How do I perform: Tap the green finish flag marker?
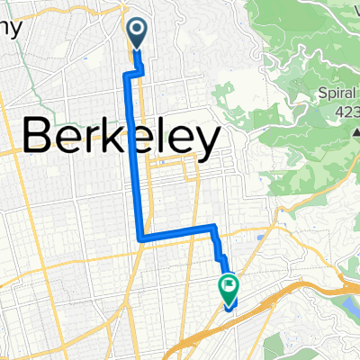point(228,288)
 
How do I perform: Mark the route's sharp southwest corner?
point(140,238)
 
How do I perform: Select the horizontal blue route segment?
point(176,232)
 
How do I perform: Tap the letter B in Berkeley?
point(36,139)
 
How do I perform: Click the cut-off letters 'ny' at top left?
point(9,28)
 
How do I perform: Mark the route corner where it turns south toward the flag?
point(213,226)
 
